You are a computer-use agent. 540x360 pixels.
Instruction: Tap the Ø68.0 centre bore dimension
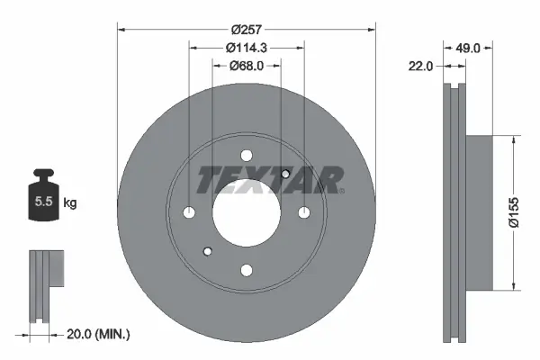coord(247,65)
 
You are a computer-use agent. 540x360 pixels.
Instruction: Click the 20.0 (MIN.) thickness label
coord(98,335)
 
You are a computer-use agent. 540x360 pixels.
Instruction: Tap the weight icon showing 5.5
coord(42,199)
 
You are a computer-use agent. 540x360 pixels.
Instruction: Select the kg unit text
coord(70,203)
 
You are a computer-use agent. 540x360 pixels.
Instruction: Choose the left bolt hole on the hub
coord(189,212)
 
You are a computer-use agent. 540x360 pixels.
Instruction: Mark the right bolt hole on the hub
coord(303,212)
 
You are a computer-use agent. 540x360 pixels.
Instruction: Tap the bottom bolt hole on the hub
coord(246,269)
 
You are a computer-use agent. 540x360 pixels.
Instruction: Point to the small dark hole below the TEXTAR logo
coord(285,174)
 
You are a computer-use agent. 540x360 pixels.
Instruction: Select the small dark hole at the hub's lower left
coord(207,251)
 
